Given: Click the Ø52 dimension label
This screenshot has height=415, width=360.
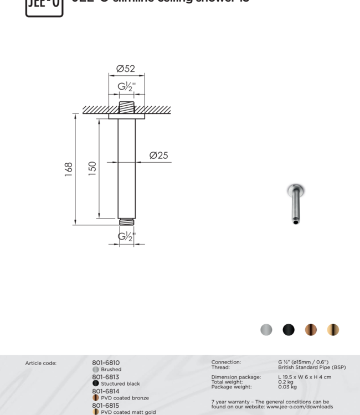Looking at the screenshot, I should point(126,69).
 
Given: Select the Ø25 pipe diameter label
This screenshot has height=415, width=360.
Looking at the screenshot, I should point(158,155).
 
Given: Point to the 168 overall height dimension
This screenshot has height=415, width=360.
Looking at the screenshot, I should point(69,169).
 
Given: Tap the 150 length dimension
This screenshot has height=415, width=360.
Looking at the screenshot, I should point(92,168).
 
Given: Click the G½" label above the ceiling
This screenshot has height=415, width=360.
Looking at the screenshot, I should point(126,87).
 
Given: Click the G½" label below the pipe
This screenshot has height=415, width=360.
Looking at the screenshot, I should point(126,237).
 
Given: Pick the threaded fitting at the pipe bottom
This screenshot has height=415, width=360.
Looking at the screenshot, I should point(126,222).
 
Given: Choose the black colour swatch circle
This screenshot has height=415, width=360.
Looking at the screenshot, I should point(289,330).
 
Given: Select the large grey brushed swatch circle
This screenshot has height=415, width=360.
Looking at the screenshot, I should point(266,330).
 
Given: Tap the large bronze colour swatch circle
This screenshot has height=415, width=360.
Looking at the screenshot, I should point(311,330).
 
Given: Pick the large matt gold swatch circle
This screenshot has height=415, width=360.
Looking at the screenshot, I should point(333,330).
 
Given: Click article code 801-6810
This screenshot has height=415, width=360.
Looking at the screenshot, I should point(106,363).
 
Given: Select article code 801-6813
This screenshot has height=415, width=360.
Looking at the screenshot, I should point(106,377).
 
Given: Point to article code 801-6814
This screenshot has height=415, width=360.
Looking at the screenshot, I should point(106,391).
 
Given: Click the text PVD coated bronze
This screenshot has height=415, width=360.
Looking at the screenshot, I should point(125,398).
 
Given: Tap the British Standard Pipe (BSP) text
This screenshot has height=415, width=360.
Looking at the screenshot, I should point(312,367).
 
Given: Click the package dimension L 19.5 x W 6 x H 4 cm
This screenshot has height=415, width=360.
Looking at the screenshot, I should point(305,377).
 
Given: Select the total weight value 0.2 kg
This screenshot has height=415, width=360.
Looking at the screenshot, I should point(286,382).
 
